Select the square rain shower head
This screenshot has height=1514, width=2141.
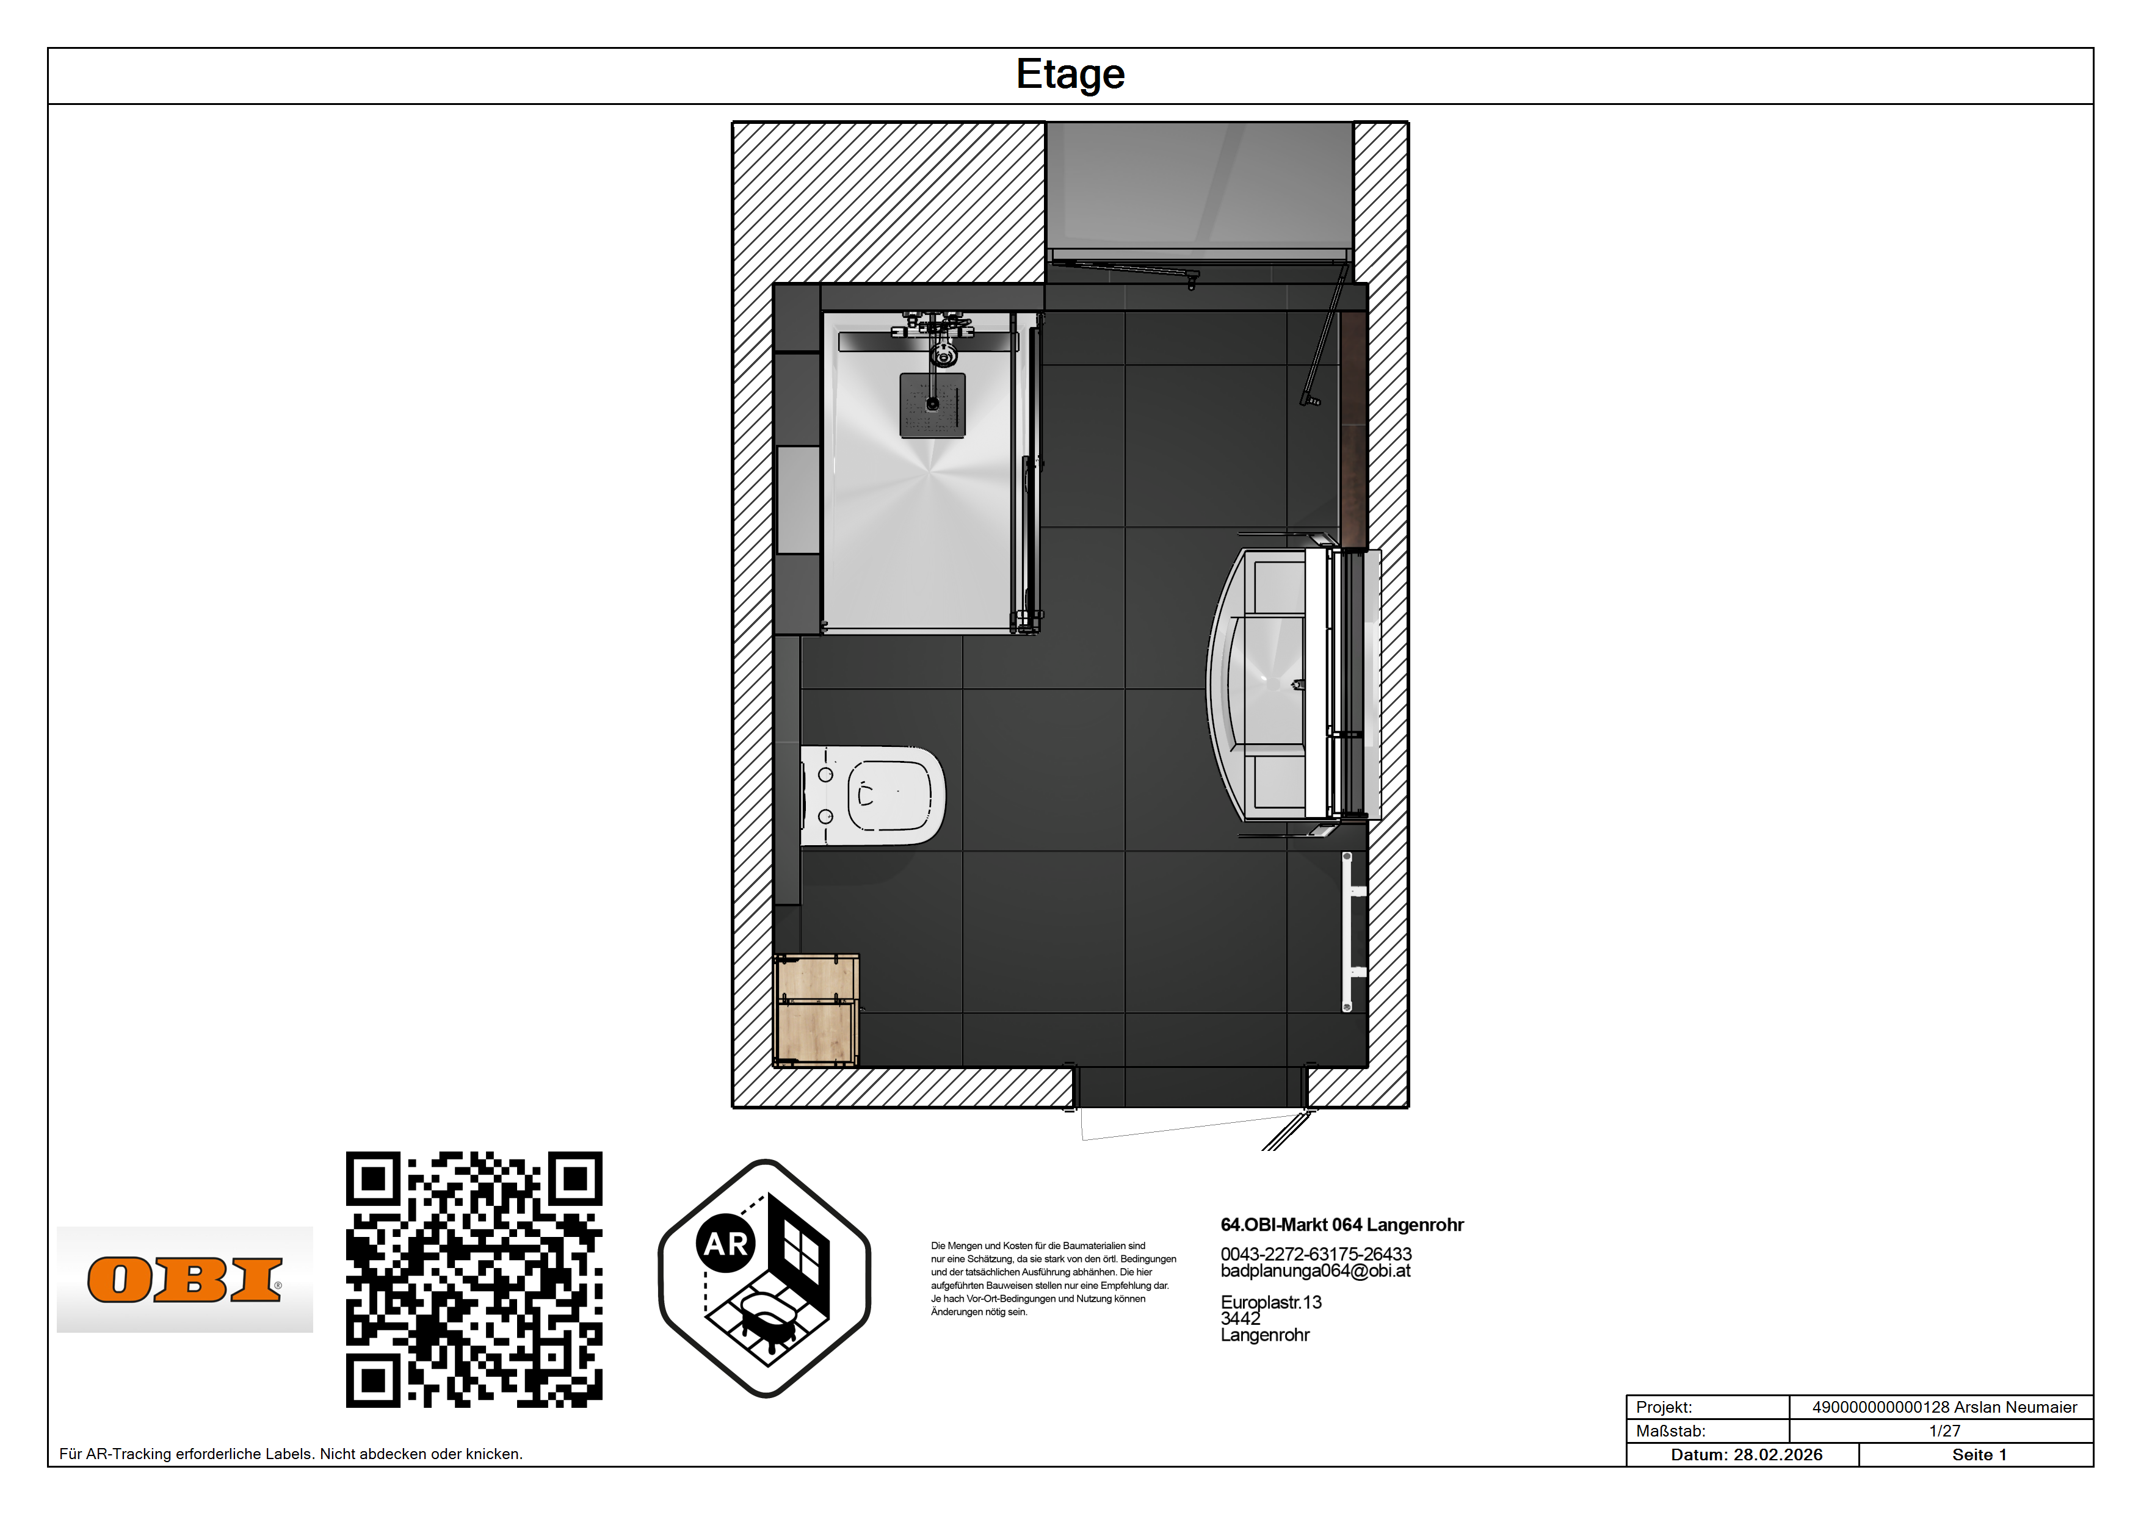tap(932, 406)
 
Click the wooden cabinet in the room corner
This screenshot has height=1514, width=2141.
tap(817, 1010)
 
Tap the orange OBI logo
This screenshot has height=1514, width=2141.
tap(184, 1280)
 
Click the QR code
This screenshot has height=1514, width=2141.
tap(474, 1279)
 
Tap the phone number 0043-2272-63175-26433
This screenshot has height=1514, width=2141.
tap(1316, 1254)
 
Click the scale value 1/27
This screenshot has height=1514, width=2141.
tap(1944, 1431)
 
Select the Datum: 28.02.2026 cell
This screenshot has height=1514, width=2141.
tap(1745, 1454)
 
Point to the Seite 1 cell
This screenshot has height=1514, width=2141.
tap(1979, 1454)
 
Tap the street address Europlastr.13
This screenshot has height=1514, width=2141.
tap(1271, 1302)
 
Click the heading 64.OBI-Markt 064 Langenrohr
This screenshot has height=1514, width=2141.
tap(1342, 1225)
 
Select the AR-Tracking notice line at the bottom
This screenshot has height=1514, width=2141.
tap(291, 1454)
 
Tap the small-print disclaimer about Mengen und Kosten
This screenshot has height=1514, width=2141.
tap(1052, 1278)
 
